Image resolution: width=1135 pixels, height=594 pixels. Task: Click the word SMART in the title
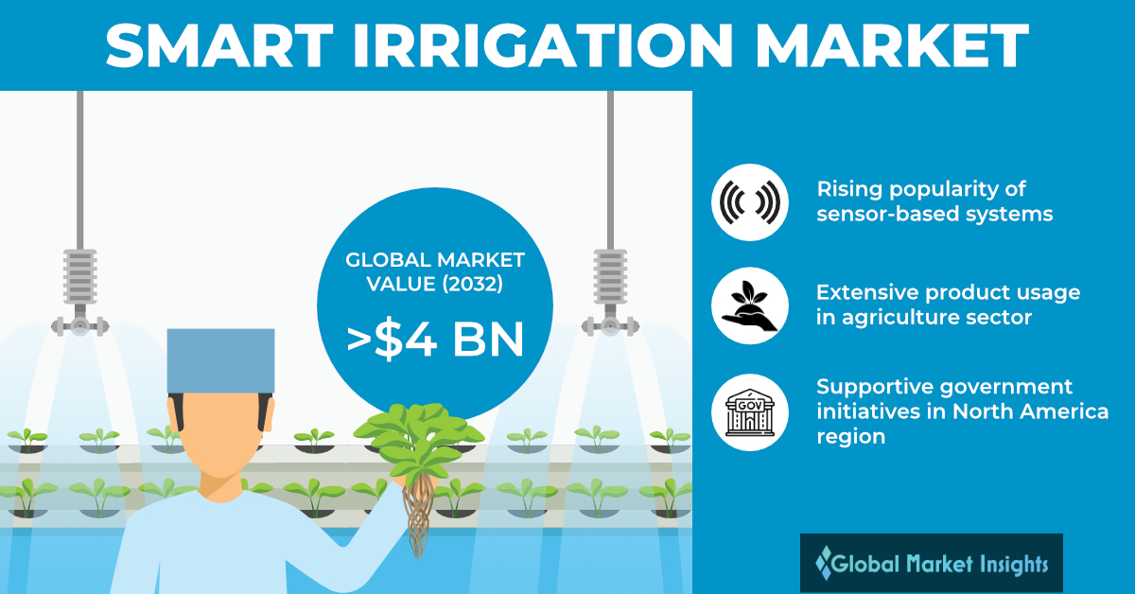[x=219, y=45]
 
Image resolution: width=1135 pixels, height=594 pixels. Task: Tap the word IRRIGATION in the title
[x=543, y=45]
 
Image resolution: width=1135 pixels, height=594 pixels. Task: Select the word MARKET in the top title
[x=892, y=45]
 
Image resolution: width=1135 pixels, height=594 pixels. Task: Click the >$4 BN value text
[x=435, y=340]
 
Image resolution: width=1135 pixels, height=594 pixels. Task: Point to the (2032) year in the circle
[x=473, y=285]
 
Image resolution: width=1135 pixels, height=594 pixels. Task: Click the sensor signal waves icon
[x=750, y=202]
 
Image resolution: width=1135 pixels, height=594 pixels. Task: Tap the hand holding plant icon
[x=750, y=306]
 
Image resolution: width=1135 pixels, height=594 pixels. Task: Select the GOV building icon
[x=750, y=412]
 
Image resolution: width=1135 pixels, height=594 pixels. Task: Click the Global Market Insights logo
[x=932, y=563]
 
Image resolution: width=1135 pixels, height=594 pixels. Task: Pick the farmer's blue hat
[x=221, y=360]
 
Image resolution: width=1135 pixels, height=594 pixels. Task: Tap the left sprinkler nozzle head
[x=80, y=324]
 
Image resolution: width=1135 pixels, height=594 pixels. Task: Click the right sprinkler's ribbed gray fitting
[x=611, y=276]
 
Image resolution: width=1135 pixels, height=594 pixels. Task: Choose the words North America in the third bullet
[x=1031, y=411]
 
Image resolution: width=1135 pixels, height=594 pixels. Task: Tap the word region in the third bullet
[x=850, y=437]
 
